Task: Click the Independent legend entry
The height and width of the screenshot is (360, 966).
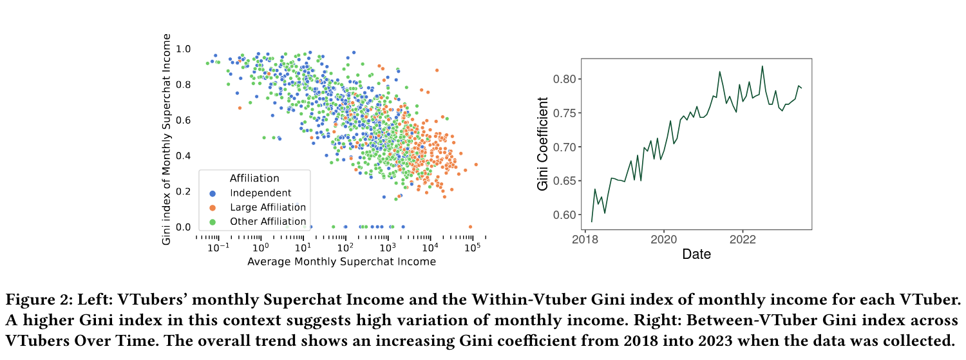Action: click(x=260, y=193)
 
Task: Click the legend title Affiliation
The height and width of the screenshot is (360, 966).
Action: click(x=254, y=178)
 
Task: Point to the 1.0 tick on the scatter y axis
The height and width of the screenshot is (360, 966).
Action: click(x=184, y=49)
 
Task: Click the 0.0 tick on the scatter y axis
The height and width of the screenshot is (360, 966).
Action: click(x=184, y=227)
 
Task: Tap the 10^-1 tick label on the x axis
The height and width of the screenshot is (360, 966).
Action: click(x=218, y=248)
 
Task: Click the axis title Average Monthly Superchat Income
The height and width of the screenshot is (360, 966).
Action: click(x=341, y=261)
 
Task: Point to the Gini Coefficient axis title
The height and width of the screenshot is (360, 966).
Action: click(x=543, y=144)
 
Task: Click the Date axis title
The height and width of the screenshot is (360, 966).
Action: click(x=696, y=254)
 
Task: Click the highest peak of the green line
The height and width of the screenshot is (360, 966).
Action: click(x=762, y=66)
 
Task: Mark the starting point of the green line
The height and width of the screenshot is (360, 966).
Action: click(x=591, y=222)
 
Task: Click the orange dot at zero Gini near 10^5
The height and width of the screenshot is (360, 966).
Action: click(x=470, y=227)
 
